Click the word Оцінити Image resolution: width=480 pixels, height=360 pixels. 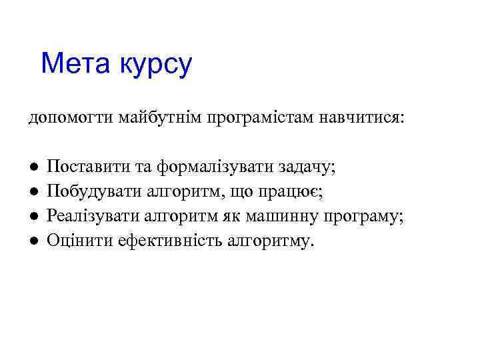pos(73,241)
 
